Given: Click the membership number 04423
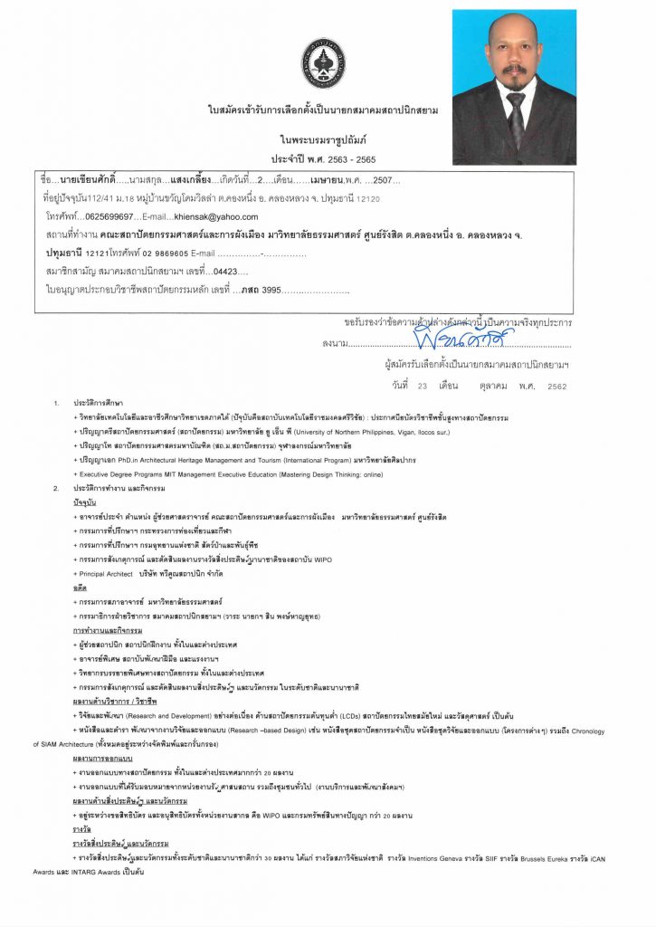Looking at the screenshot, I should pos(224,271).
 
